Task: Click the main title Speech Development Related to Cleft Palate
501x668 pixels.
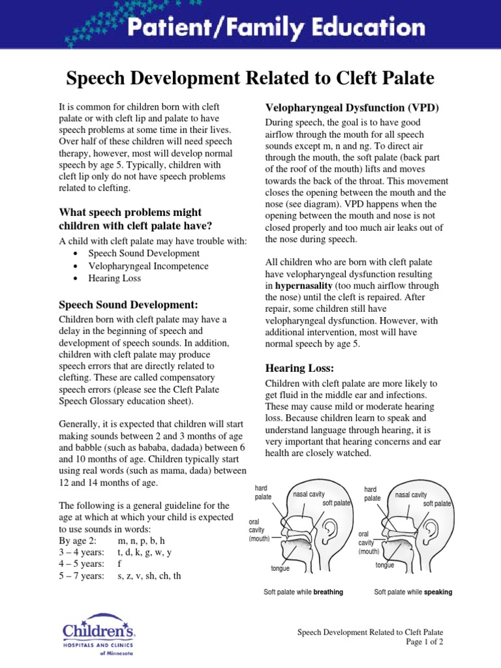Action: coord(250,78)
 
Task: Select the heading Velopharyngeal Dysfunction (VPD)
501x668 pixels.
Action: coord(352,107)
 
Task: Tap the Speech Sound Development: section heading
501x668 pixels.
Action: coord(129,305)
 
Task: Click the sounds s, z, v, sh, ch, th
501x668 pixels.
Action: coord(149,576)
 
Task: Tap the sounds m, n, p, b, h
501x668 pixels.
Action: coord(142,541)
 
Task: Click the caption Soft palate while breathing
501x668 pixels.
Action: coord(303,592)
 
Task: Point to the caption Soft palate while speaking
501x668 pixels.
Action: coord(413,592)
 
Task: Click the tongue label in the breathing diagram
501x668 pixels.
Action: coord(280,569)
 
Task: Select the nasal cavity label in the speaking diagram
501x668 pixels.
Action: coord(411,495)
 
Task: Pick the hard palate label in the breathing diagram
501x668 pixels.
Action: coord(263,493)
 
